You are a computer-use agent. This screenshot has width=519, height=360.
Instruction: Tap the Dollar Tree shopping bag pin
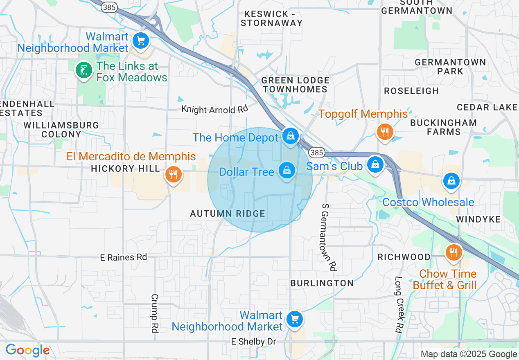(287, 170)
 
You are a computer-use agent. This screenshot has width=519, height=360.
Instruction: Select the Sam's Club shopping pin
(375, 165)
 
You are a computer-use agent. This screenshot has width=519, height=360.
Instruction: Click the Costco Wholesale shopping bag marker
(451, 180)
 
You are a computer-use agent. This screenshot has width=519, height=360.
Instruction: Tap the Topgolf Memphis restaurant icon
(384, 132)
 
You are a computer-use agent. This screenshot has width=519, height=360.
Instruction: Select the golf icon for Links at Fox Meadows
(83, 70)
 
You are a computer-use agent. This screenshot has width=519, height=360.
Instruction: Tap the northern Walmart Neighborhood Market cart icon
(141, 40)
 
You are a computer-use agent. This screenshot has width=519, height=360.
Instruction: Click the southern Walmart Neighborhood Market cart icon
(294, 319)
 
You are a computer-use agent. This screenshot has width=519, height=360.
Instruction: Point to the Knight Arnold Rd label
(215, 110)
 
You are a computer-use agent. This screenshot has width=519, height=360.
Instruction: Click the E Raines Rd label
(124, 257)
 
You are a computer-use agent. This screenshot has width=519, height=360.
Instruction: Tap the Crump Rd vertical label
(154, 313)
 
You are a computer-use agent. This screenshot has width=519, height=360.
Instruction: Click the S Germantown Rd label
(329, 237)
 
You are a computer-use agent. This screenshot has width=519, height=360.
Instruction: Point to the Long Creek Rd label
(398, 304)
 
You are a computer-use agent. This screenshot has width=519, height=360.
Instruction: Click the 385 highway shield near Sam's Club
(317, 153)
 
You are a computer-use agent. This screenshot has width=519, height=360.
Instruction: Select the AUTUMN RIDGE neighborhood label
(228, 214)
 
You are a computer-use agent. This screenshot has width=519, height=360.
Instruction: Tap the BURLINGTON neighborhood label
(322, 283)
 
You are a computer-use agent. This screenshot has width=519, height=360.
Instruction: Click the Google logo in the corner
(27, 351)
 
